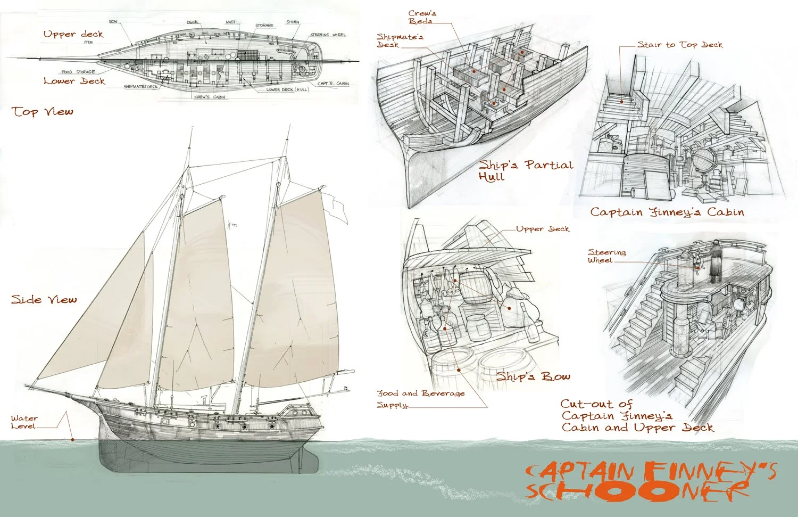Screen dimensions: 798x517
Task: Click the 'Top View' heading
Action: tap(43, 112)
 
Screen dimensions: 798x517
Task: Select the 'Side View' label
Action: tap(44, 300)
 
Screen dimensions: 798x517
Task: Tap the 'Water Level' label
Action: tap(24, 422)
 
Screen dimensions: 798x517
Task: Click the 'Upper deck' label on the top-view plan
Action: tap(73, 34)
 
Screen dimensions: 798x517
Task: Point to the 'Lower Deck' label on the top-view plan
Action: tap(74, 81)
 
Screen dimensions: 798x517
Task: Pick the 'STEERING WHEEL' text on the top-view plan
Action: tap(328, 35)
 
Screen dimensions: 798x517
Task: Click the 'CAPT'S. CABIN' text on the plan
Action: tap(334, 84)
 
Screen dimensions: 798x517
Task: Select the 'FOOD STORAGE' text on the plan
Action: tap(78, 72)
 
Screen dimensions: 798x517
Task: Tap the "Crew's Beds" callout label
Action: tap(420, 17)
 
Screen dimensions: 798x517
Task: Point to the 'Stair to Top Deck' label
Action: tap(680, 45)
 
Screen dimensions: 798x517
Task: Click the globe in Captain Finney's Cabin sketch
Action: tap(703, 160)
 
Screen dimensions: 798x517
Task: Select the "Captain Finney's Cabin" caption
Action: tap(667, 212)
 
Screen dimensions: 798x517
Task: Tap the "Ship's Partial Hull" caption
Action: tap(524, 170)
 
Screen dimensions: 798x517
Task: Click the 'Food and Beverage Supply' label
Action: tap(420, 399)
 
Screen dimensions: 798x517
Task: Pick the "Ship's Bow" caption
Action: tap(533, 377)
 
